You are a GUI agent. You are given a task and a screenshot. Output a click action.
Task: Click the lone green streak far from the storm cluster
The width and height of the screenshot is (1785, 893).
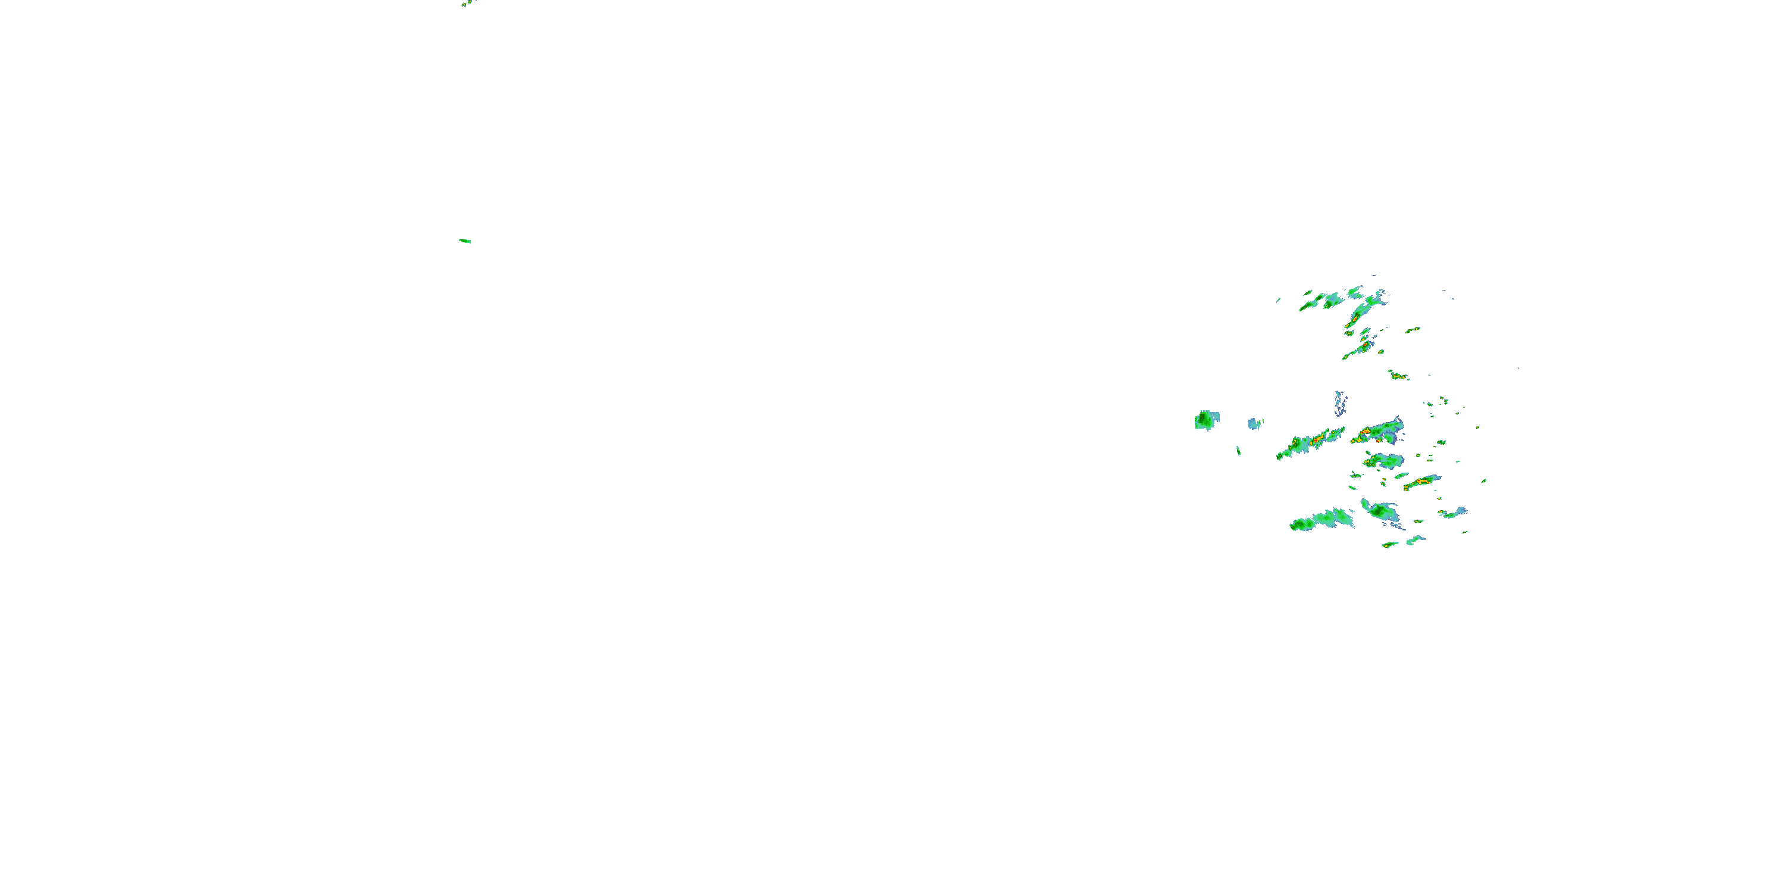[x=465, y=241]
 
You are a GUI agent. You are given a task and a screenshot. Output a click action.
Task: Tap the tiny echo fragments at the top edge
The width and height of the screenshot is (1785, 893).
[x=468, y=3]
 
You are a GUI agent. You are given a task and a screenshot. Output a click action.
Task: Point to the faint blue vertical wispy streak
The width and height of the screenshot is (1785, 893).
[x=1340, y=402]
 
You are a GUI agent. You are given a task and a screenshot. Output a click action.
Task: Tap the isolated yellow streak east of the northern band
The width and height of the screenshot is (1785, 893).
[x=1412, y=329]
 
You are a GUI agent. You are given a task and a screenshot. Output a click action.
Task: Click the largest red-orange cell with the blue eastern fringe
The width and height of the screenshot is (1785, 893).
[x=1367, y=434]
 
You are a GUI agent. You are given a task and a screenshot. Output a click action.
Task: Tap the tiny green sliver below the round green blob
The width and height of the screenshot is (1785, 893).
[x=1238, y=451]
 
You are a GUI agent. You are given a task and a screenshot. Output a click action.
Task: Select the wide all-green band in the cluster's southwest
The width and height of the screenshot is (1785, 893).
[x=1320, y=520]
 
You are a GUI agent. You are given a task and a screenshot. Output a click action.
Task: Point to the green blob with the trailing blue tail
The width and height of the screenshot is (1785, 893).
[x=1379, y=511]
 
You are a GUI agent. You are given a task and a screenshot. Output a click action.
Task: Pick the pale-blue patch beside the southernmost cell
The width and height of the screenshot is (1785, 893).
[x=1414, y=539]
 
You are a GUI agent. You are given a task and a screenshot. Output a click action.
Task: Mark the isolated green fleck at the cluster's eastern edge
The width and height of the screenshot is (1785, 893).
[x=1483, y=480]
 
